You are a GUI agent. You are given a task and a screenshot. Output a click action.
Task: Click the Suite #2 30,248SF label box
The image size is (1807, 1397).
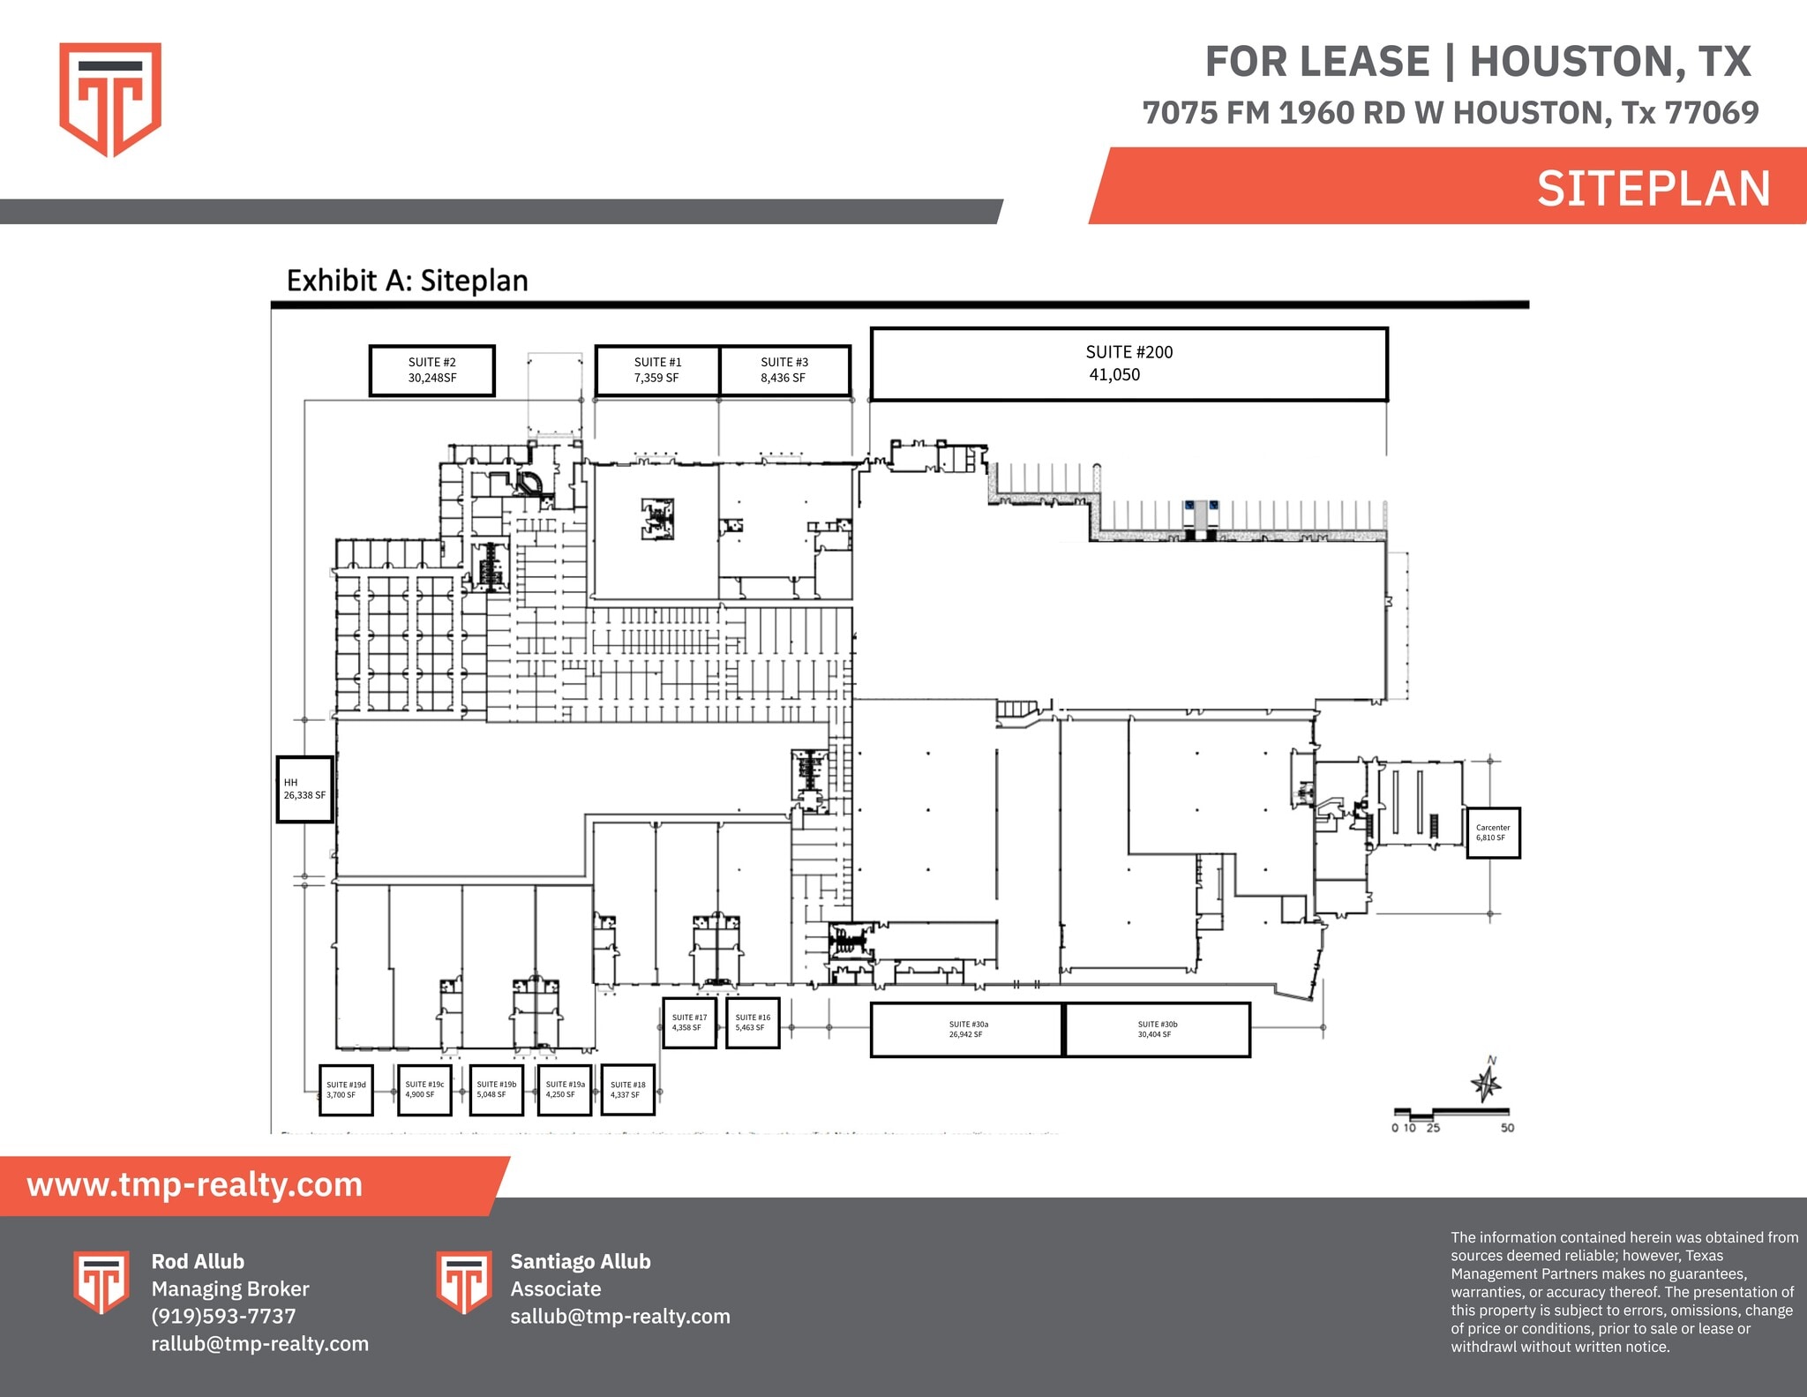tap(431, 370)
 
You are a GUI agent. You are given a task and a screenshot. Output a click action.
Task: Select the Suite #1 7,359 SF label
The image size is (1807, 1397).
tap(657, 370)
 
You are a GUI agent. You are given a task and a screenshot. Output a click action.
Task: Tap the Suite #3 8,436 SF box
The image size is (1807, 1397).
tap(784, 370)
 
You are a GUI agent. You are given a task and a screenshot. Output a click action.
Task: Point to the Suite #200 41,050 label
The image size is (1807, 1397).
tap(1128, 364)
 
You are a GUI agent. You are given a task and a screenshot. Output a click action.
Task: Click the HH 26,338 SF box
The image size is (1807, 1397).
tap(304, 789)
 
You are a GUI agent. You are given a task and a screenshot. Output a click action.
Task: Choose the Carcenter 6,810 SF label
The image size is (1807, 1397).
tap(1493, 832)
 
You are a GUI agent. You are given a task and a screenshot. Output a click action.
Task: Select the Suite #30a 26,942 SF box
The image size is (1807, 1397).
tap(967, 1029)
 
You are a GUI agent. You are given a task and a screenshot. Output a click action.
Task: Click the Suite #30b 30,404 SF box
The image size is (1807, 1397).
tap(1158, 1029)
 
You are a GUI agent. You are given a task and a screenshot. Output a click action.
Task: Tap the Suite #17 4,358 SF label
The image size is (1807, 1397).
tap(689, 1023)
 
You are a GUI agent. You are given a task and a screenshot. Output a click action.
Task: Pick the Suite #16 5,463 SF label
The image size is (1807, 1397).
tap(753, 1023)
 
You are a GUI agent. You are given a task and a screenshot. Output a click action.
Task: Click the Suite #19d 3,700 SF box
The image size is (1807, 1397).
tap(346, 1090)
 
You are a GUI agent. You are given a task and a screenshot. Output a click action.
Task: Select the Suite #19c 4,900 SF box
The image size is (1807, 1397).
tap(424, 1090)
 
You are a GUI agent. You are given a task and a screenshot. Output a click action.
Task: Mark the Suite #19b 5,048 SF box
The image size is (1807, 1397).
tap(496, 1090)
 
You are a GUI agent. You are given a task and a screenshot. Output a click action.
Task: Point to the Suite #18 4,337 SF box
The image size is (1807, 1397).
tap(627, 1090)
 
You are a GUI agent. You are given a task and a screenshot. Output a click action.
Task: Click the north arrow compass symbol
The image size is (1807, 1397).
tap(1488, 1082)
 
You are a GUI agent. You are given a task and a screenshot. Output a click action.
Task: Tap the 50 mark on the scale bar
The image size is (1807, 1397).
tap(1507, 1128)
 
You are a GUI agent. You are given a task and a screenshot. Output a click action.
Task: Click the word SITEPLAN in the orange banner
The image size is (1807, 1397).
tap(1653, 189)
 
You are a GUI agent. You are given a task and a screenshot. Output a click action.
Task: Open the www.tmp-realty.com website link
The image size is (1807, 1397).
tap(195, 1184)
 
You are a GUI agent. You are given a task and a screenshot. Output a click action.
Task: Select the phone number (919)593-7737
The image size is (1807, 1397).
tap(223, 1316)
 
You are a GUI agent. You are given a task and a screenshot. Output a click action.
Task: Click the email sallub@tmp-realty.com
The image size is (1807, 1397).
tap(620, 1316)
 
